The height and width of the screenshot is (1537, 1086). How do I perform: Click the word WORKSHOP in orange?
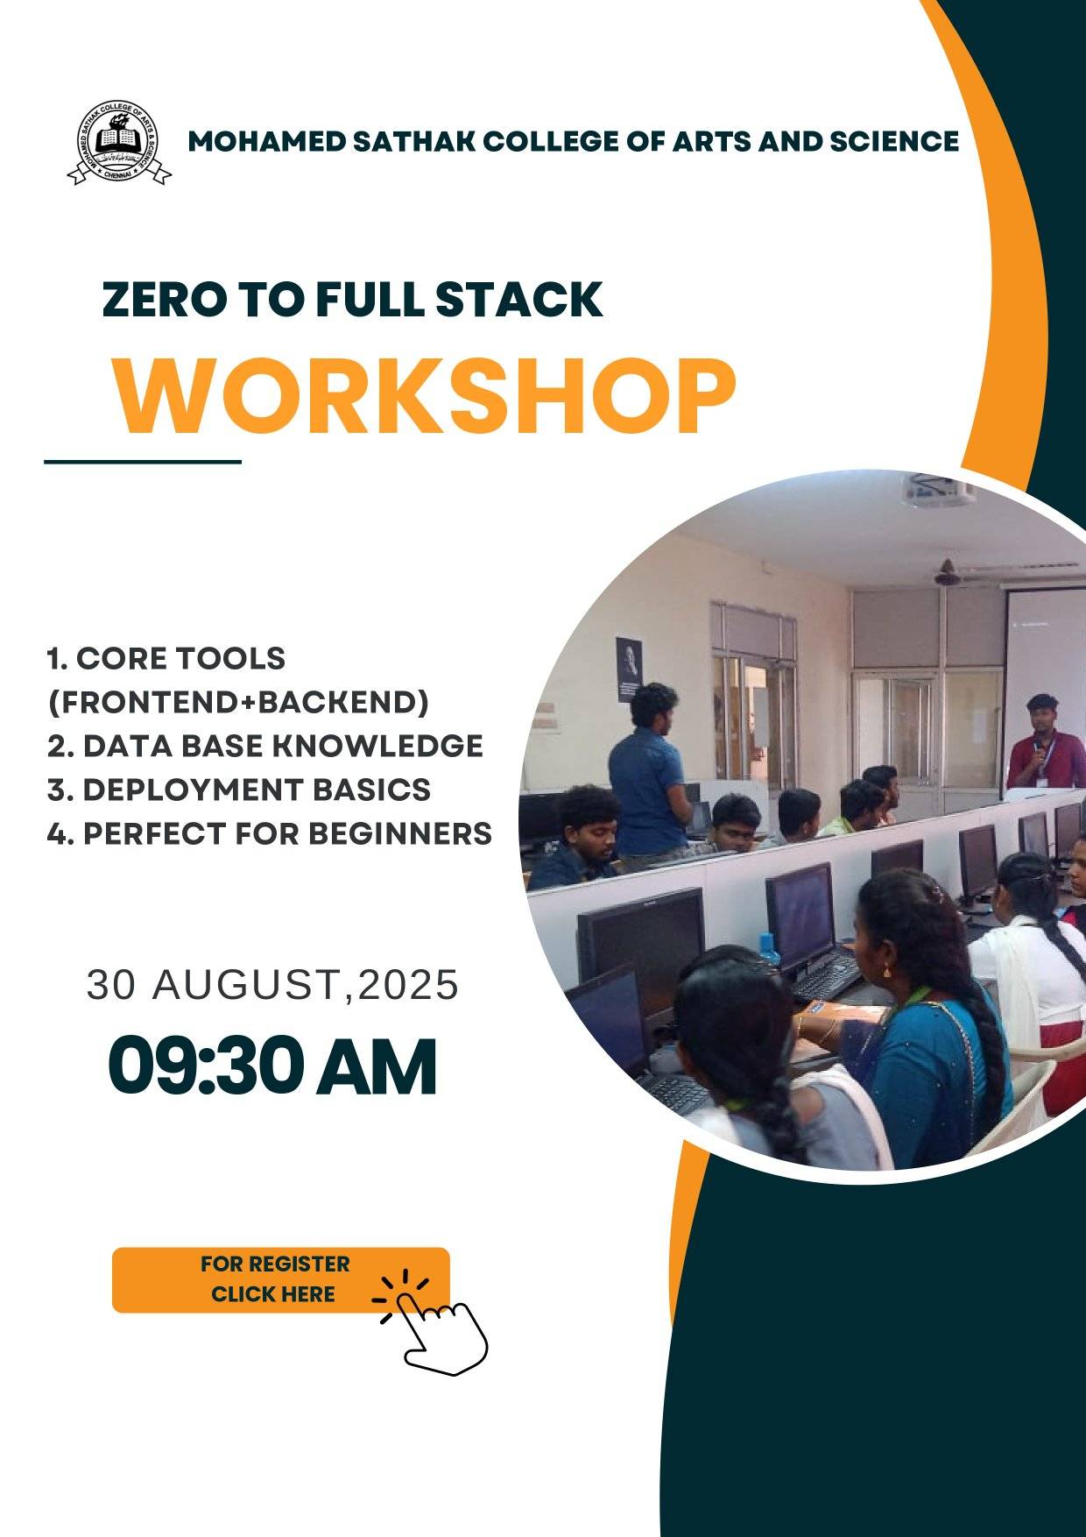pos(424,395)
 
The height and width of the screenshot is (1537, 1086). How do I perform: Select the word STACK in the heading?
pos(519,300)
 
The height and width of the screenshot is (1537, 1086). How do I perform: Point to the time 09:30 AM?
pos(272,1066)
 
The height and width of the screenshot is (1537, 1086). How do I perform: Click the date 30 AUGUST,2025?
pos(272,985)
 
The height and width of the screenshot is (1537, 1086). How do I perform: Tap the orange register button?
pos(280,1279)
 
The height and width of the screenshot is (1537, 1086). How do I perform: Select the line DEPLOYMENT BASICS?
pos(239,790)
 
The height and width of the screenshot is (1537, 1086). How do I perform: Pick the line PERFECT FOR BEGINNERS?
pos(270,833)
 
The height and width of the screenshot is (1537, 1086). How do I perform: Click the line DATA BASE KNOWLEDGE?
pos(265,746)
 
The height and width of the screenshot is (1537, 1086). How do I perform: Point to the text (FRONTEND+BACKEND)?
pos(238,702)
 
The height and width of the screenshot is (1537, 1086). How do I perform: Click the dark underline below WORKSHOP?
pos(143,461)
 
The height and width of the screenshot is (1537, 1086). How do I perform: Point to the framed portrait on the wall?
pos(629,669)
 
